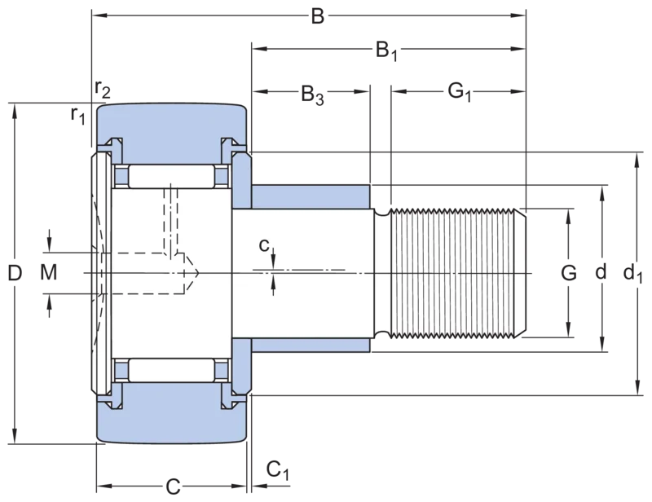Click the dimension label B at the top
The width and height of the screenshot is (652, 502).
point(317,16)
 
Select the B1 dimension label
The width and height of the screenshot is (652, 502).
point(386,51)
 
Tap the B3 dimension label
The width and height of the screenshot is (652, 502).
point(312,95)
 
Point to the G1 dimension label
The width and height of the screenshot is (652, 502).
point(460,92)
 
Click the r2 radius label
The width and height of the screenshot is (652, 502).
point(103,89)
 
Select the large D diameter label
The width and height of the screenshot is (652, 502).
point(15,273)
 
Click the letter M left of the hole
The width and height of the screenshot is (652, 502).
point(49,273)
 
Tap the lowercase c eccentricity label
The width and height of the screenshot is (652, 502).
point(264,245)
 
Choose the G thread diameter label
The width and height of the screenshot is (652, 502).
point(568,273)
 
